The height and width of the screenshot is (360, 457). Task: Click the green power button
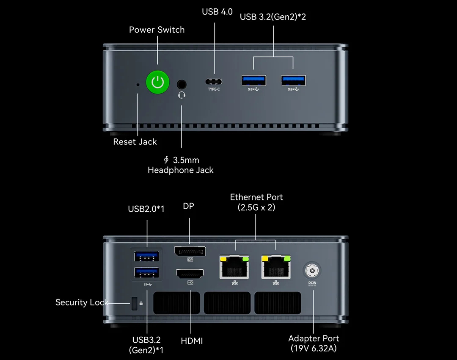157,82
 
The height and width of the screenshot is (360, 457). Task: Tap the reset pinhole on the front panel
138,85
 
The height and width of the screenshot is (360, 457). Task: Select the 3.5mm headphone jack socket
182,84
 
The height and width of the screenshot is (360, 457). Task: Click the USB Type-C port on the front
214,82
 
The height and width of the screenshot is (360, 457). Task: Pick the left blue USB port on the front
254,80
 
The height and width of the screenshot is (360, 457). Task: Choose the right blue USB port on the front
294,80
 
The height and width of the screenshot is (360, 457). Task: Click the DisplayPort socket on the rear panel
190,251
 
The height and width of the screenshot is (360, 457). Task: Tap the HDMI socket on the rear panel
190,274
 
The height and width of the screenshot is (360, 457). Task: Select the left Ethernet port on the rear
234,267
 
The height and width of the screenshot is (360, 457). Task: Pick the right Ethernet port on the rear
276,267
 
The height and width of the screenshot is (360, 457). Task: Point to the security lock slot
134,303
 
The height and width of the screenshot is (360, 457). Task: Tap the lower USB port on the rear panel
146,273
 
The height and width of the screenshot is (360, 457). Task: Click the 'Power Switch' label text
157,30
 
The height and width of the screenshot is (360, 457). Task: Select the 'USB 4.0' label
217,12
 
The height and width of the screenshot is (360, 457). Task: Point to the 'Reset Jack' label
135,142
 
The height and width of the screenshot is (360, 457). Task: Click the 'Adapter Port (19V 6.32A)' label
314,343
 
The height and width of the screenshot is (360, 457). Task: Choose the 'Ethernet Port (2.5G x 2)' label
256,202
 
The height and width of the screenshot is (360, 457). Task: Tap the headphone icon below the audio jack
182,95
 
